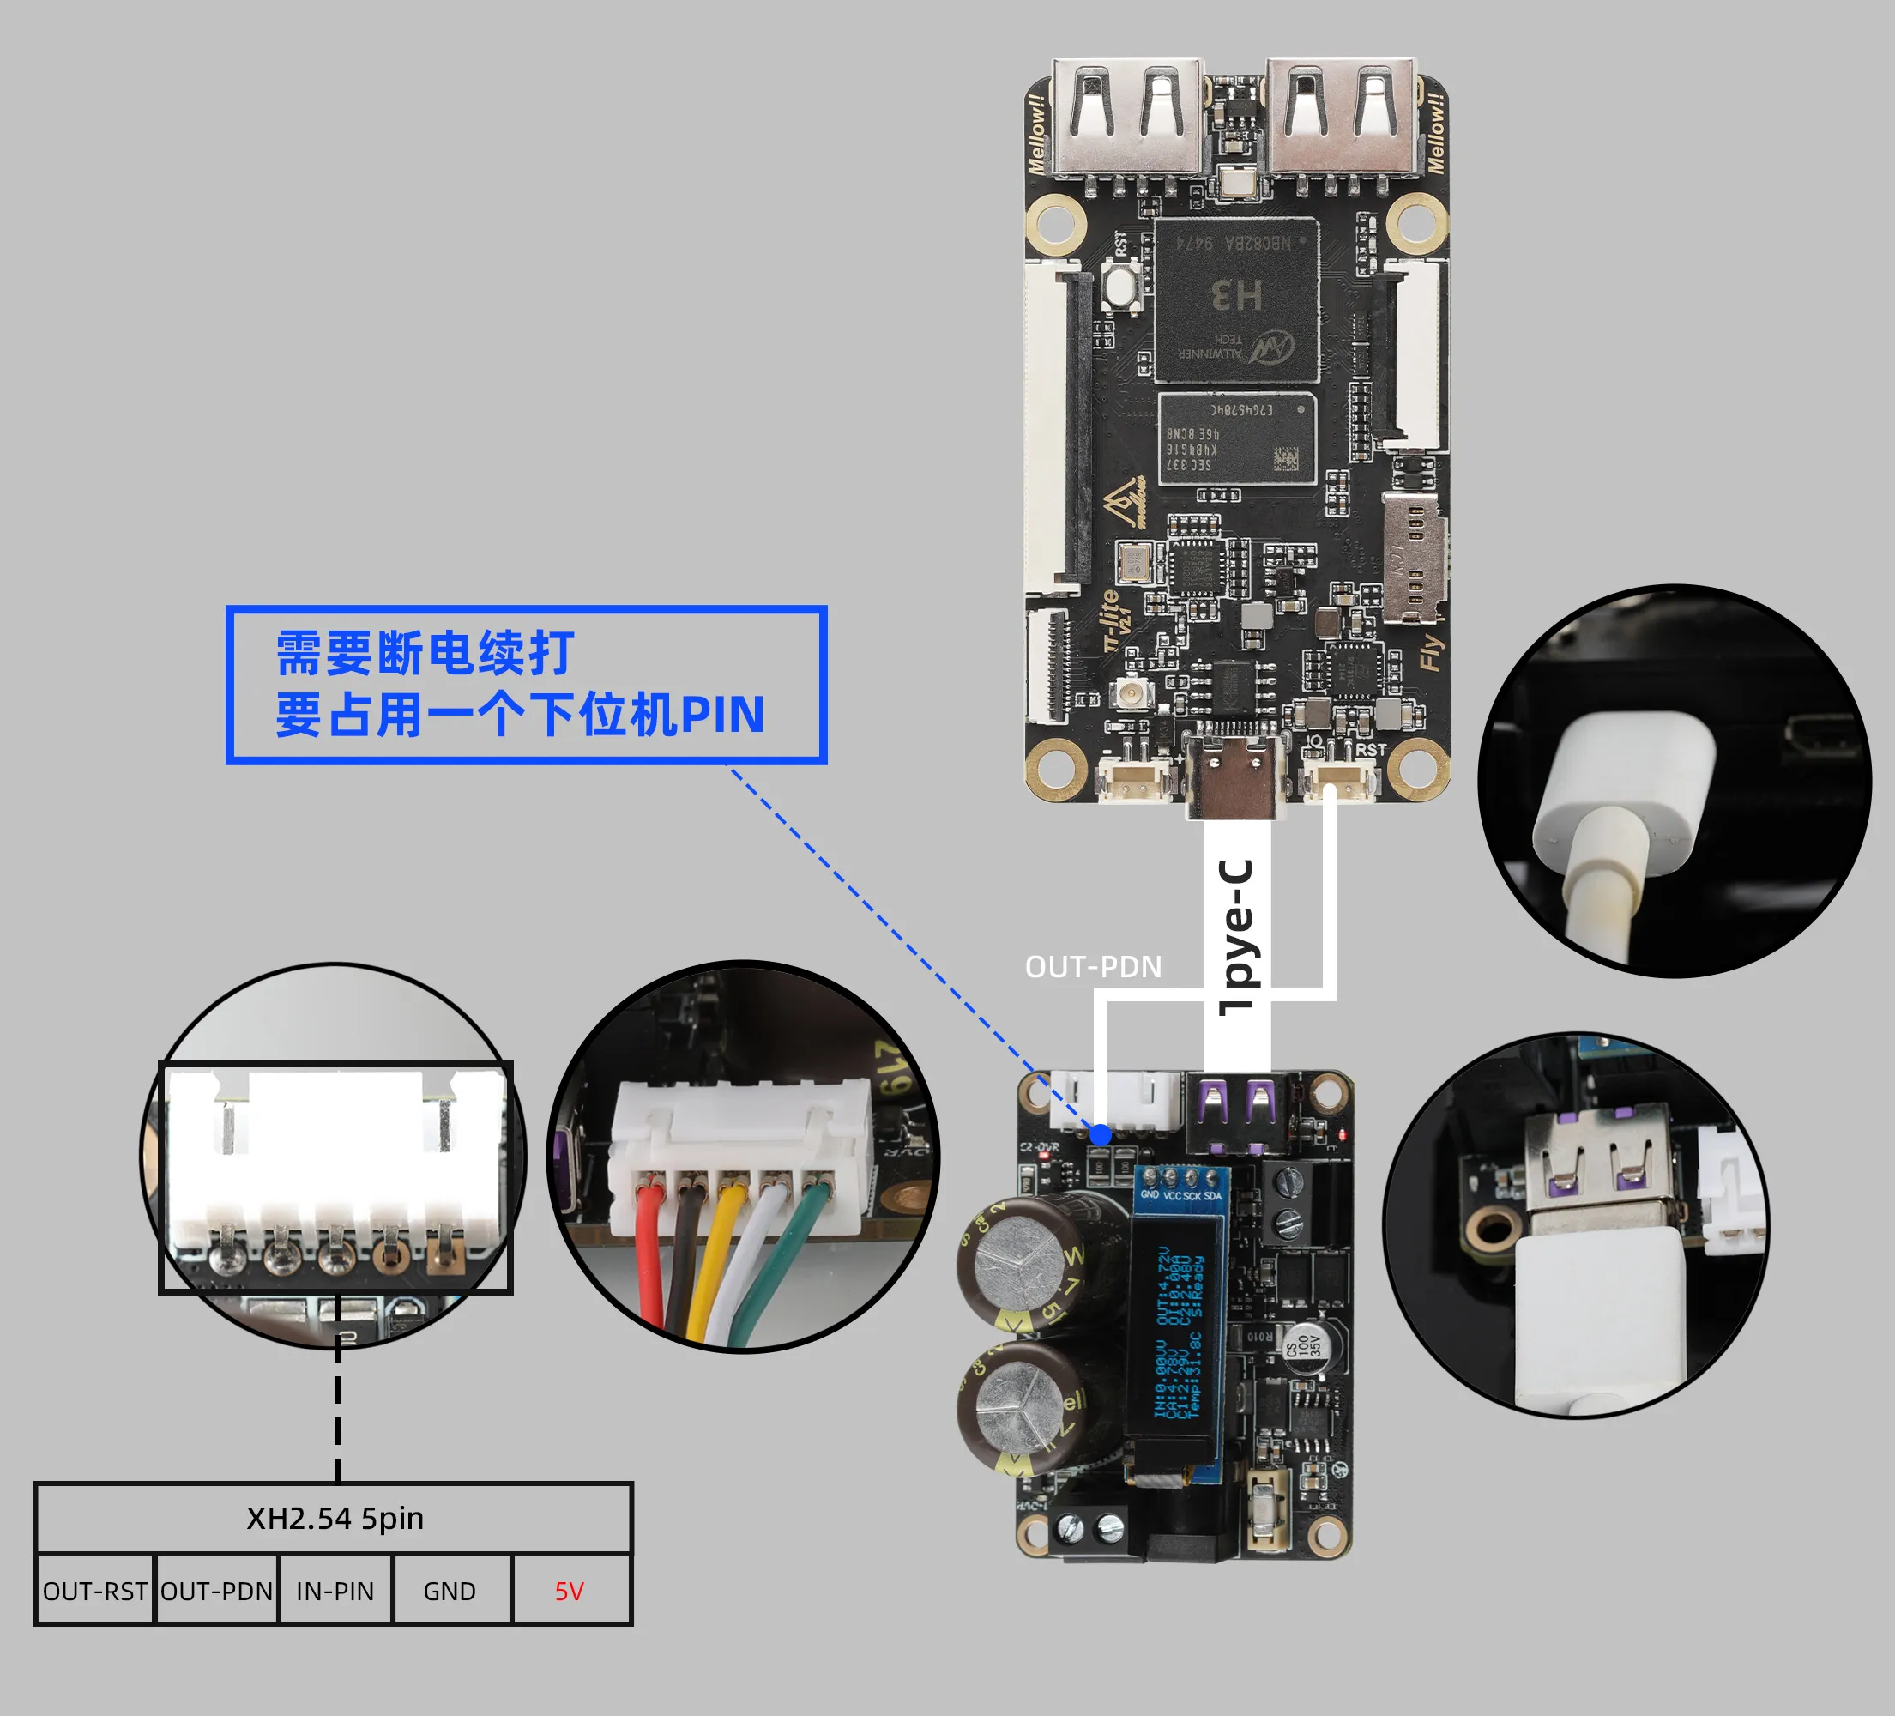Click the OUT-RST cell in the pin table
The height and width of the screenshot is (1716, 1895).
coord(95,1591)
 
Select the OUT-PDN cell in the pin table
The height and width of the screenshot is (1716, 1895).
coord(217,1591)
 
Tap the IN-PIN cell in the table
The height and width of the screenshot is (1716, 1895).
coord(335,1591)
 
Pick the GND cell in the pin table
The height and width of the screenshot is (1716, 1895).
coord(450,1591)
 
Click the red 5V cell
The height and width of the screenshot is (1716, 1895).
coord(570,1591)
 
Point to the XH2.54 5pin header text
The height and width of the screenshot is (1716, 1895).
coord(335,1519)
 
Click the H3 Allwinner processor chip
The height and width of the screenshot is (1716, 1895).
coord(1236,299)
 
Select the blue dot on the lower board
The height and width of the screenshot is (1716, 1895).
coord(1100,1135)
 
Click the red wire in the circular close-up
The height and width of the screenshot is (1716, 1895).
coord(649,1251)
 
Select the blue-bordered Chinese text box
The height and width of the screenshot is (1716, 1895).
coord(527,685)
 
